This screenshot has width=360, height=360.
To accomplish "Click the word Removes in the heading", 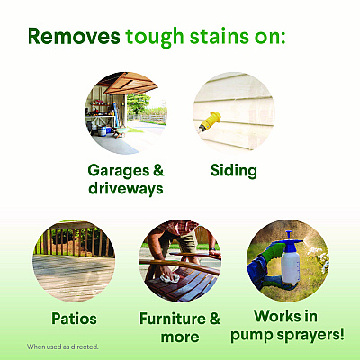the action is (x=74, y=36).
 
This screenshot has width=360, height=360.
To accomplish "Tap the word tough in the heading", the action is (x=155, y=38).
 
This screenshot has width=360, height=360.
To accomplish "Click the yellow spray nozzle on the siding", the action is (x=210, y=121).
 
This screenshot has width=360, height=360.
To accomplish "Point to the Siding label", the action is (x=234, y=171).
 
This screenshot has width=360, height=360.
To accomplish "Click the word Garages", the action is (x=119, y=171).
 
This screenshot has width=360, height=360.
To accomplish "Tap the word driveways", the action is (x=126, y=189).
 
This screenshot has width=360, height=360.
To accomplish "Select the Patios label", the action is (x=74, y=319).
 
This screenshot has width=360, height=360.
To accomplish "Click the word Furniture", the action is (x=173, y=319).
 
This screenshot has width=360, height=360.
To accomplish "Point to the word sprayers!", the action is (x=310, y=335).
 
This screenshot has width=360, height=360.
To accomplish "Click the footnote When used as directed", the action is (x=63, y=346).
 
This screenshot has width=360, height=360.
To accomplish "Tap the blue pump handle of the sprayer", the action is (x=289, y=238).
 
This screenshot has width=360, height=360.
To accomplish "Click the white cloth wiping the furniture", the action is (x=170, y=278).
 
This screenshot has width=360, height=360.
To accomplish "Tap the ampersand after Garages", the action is (x=158, y=170).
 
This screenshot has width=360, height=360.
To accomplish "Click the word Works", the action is (x=276, y=316).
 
